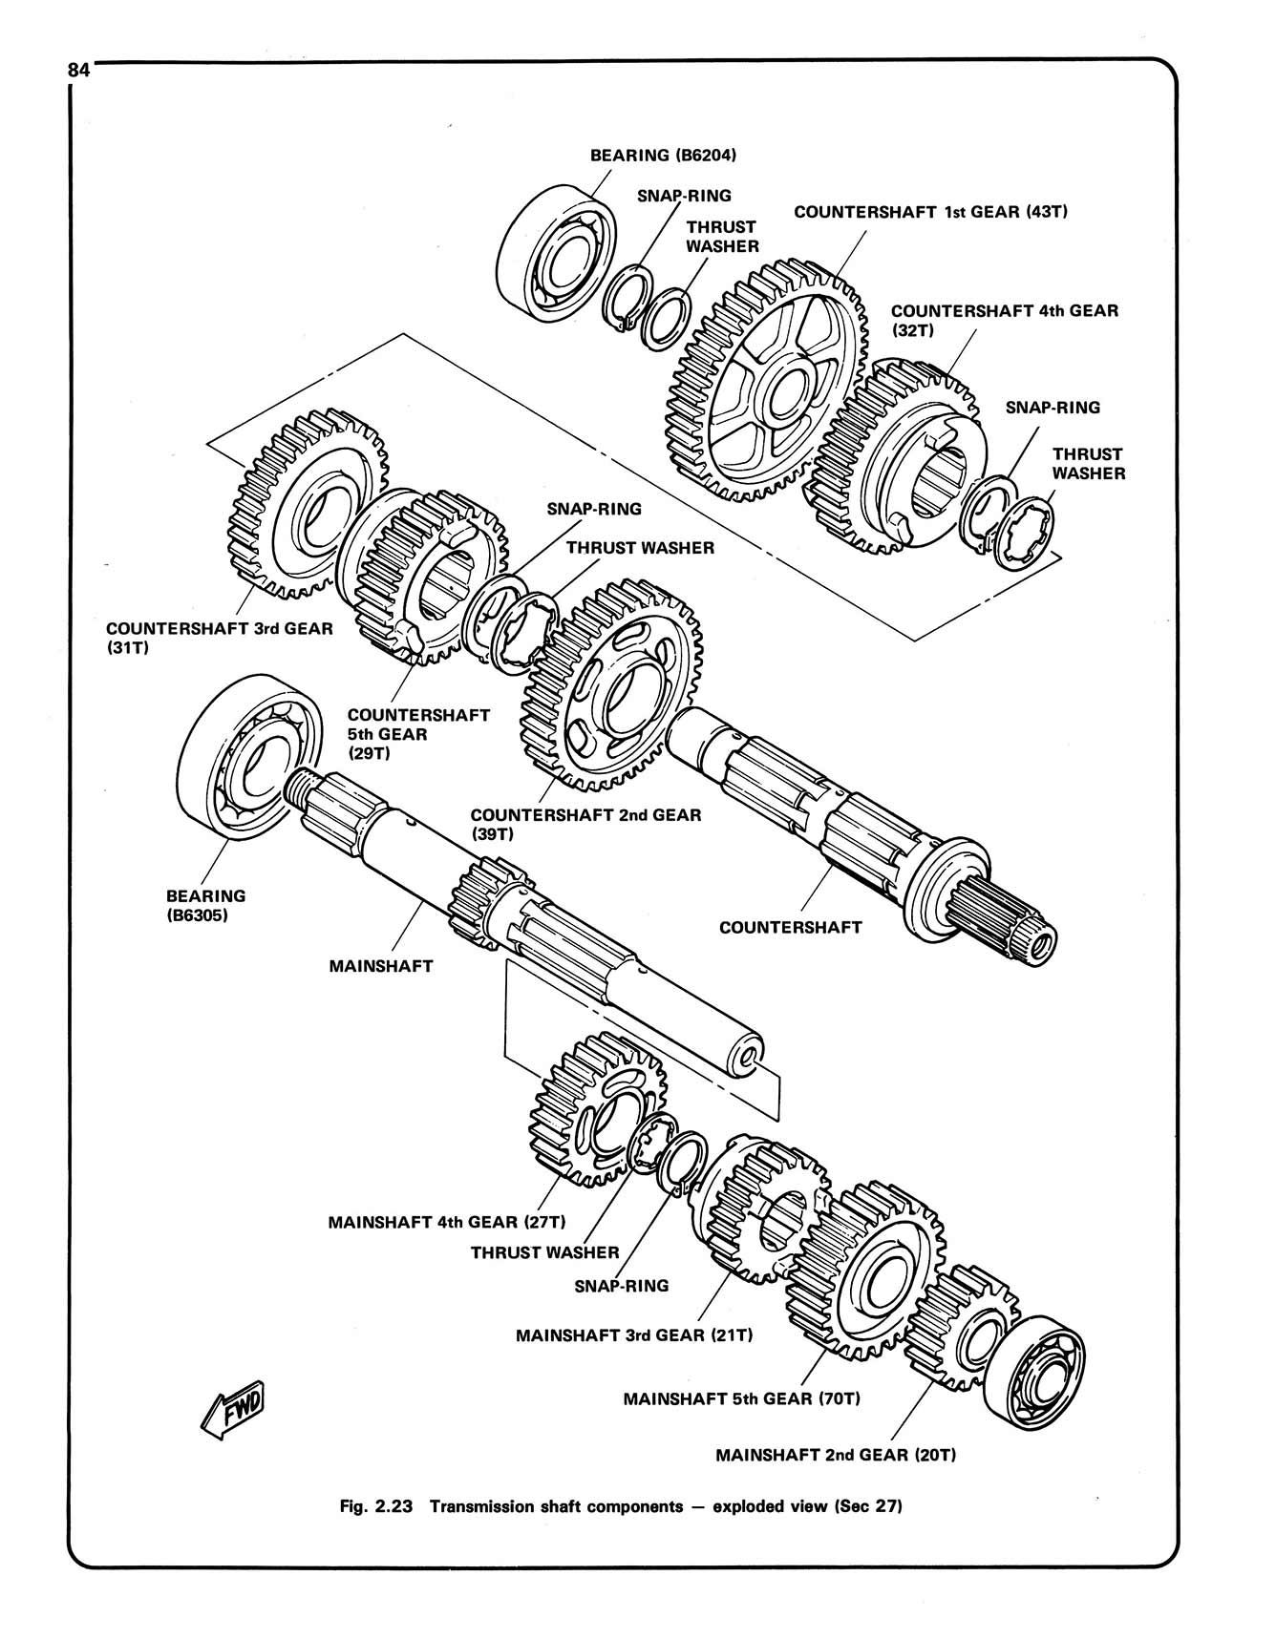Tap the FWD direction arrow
[x=234, y=1409]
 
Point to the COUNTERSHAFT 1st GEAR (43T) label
[x=929, y=212]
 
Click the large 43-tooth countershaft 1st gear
[x=764, y=382]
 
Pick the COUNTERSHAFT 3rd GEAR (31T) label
[x=220, y=638]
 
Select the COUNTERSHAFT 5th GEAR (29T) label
[x=417, y=733]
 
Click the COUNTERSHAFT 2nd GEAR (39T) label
[x=585, y=823]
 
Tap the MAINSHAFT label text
[x=380, y=966]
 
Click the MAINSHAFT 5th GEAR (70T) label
[x=741, y=1399]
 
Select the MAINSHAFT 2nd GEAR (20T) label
[x=835, y=1456]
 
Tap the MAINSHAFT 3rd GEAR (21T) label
[x=634, y=1335]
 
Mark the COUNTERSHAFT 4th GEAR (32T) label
[x=1003, y=320]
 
